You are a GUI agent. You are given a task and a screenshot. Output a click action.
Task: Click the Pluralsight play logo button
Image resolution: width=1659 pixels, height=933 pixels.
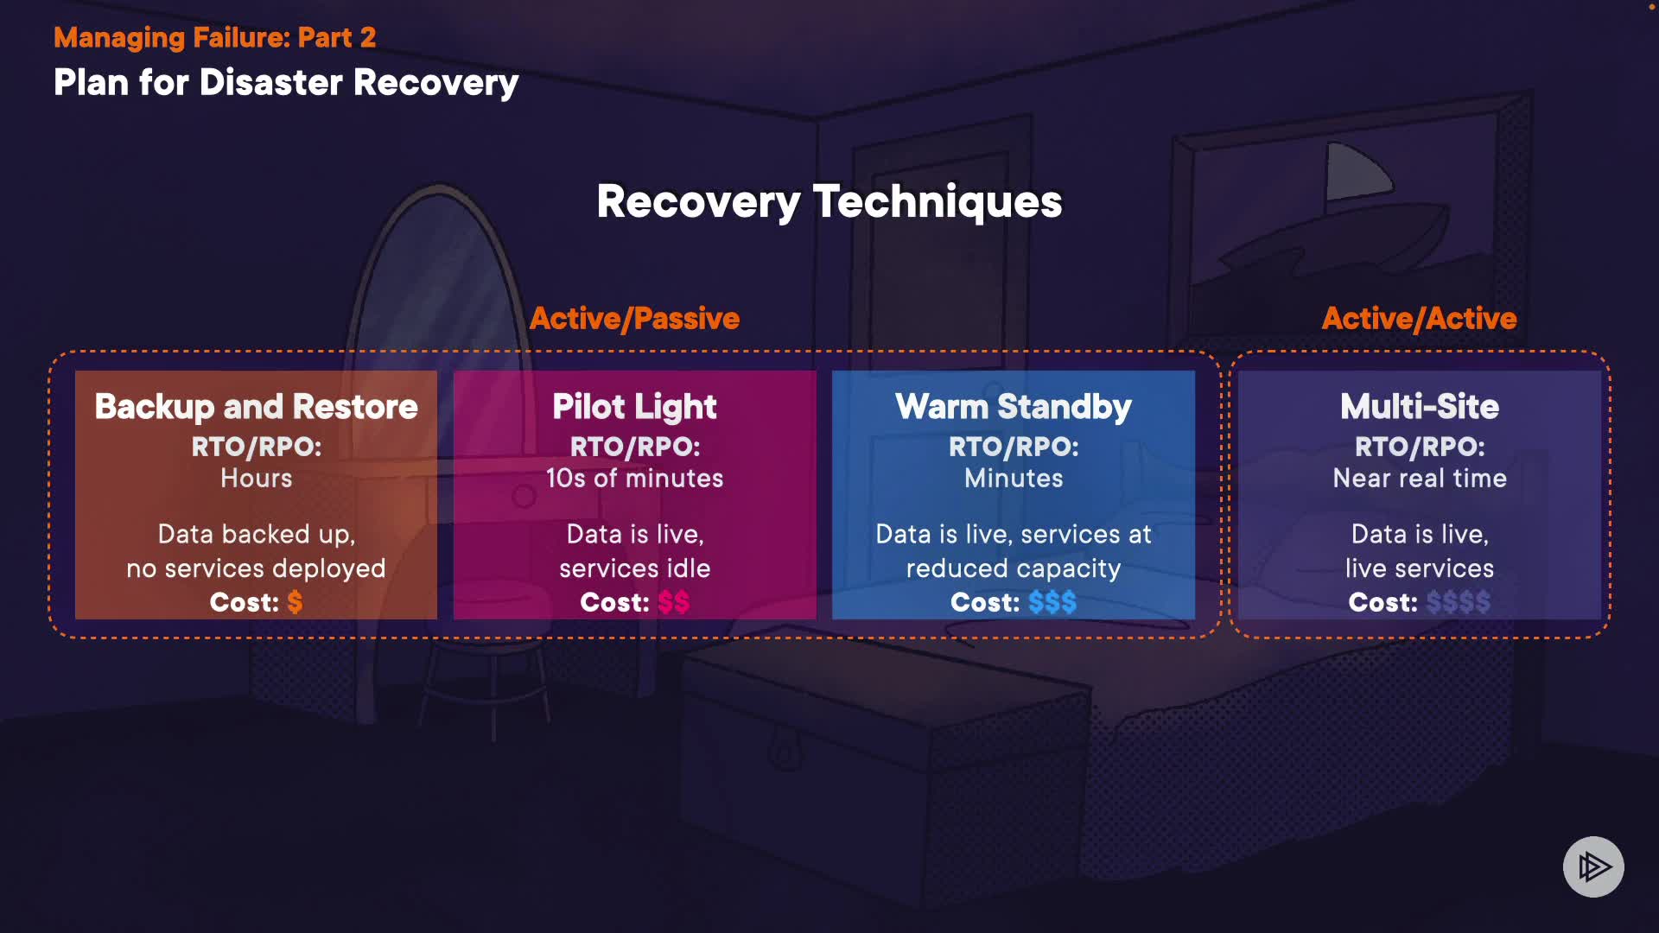(1593, 866)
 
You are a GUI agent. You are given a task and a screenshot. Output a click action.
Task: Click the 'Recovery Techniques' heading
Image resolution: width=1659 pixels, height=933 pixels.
(829, 201)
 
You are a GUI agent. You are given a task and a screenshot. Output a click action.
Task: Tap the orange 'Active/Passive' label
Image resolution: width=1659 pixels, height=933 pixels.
(634, 319)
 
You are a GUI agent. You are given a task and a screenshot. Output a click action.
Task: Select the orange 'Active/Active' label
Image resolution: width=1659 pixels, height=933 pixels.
(1419, 319)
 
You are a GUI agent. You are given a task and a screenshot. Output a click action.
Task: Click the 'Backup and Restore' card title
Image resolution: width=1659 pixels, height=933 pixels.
(256, 407)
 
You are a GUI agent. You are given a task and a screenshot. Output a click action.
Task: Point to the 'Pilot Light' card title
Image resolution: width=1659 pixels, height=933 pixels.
(634, 407)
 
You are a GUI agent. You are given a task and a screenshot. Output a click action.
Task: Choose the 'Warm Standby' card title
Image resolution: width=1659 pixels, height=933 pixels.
(1013, 407)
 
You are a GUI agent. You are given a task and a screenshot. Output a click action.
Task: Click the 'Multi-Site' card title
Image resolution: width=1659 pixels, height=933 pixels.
(1419, 407)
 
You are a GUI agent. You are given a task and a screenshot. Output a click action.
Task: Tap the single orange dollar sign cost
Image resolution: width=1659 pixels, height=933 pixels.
(295, 602)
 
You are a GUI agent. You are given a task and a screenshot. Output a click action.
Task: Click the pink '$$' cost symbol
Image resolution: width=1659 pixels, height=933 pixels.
(673, 602)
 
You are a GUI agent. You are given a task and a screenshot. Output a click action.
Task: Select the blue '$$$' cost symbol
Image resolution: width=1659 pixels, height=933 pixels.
(1052, 602)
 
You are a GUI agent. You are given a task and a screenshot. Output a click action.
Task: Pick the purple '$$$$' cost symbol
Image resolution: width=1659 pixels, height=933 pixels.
(1458, 602)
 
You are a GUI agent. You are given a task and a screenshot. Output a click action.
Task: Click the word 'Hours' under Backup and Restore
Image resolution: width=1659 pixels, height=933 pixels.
(256, 479)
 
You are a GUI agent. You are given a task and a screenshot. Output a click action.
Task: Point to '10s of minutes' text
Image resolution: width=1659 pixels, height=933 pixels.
(634, 479)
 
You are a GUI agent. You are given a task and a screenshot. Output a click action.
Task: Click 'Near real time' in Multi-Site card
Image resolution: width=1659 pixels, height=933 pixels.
(1419, 479)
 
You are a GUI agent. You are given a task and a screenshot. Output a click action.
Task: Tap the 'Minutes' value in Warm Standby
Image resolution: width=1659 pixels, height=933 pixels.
(1013, 479)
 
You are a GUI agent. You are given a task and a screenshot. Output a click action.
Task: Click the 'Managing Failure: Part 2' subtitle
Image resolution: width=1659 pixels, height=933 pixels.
(214, 37)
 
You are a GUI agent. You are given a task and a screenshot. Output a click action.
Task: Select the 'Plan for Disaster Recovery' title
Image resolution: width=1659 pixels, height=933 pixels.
(285, 83)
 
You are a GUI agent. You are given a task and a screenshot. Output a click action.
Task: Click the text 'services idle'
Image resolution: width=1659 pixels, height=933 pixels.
(634, 568)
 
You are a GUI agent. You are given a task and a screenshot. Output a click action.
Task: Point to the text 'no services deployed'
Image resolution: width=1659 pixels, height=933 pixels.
(256, 568)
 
